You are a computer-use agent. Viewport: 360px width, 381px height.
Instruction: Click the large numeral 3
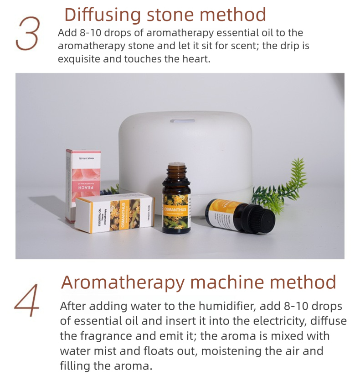[27, 34]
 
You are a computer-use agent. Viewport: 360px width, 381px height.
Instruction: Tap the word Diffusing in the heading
[103, 15]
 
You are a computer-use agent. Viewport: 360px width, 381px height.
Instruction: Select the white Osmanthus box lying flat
[114, 213]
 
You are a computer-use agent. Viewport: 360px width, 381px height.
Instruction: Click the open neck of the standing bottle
[176, 165]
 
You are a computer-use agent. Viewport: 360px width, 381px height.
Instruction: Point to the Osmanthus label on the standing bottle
[176, 210]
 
